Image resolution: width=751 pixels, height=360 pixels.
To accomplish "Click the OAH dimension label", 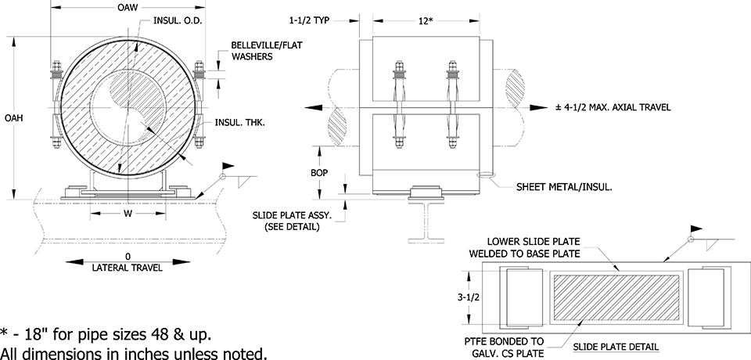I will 12,118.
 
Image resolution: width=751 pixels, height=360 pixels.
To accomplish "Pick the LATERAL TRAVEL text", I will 128,268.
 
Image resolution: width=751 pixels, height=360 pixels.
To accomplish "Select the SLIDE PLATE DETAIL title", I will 615,345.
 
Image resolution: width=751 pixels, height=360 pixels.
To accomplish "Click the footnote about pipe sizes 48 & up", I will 106,335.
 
